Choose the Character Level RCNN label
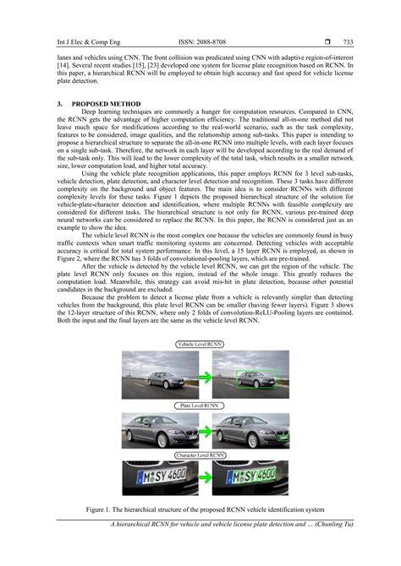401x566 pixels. coord(200,456)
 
